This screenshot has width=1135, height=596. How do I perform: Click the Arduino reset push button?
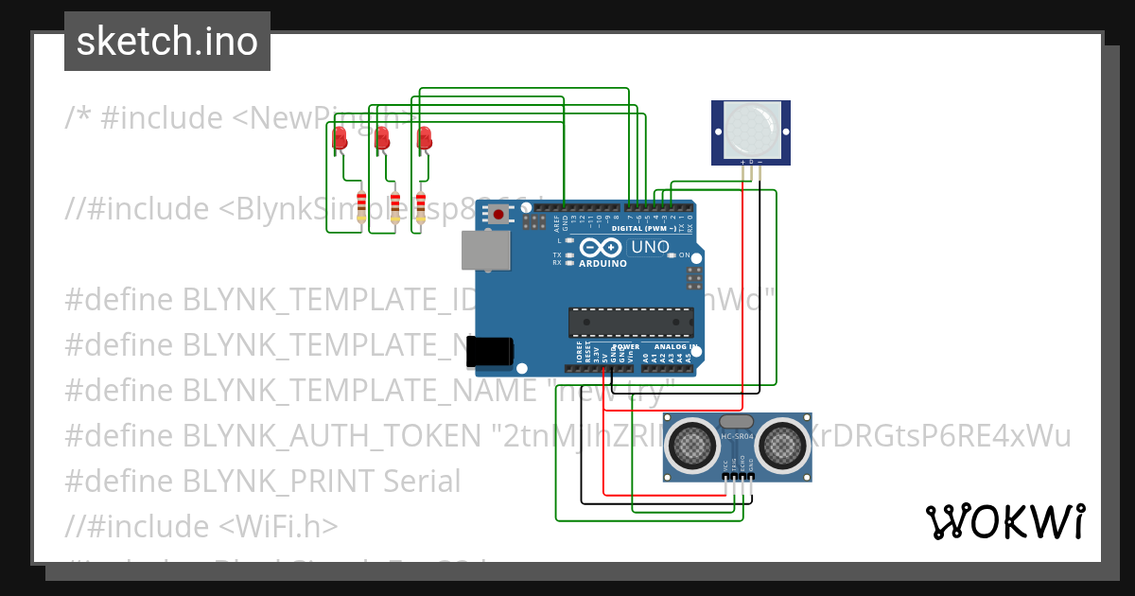click(498, 215)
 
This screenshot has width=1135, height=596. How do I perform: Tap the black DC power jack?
click(491, 351)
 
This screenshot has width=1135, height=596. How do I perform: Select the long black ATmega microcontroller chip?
click(630, 322)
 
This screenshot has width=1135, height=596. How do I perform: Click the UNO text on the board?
click(650, 248)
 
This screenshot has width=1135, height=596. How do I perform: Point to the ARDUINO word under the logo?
click(602, 264)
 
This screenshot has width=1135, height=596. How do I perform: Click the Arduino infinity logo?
click(602, 248)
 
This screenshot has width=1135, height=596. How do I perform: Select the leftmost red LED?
click(340, 139)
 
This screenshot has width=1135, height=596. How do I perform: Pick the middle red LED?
click(382, 138)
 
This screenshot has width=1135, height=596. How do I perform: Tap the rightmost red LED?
click(425, 138)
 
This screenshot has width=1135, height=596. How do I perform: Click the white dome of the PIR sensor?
click(752, 131)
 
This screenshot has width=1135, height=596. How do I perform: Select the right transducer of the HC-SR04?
click(782, 441)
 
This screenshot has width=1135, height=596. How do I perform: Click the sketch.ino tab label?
click(167, 42)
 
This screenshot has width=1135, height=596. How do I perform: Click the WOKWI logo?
click(1004, 521)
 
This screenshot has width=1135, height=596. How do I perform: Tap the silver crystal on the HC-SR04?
click(736, 421)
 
